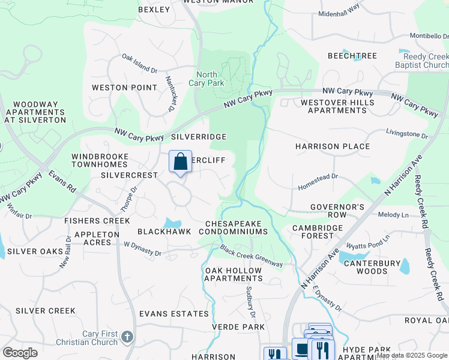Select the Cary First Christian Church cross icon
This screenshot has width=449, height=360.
126,337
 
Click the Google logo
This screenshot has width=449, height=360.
20,353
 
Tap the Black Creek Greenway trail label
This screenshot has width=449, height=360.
251,256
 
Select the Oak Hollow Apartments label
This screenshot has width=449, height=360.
234,274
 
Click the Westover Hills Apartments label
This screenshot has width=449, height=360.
337,106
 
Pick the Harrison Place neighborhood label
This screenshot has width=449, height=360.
333,146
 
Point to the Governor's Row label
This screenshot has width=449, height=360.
337,211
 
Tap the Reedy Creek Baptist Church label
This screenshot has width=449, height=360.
421,60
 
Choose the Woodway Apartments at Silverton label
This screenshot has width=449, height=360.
35,112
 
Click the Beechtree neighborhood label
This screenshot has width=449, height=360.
352,56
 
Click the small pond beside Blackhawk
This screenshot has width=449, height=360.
173,223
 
